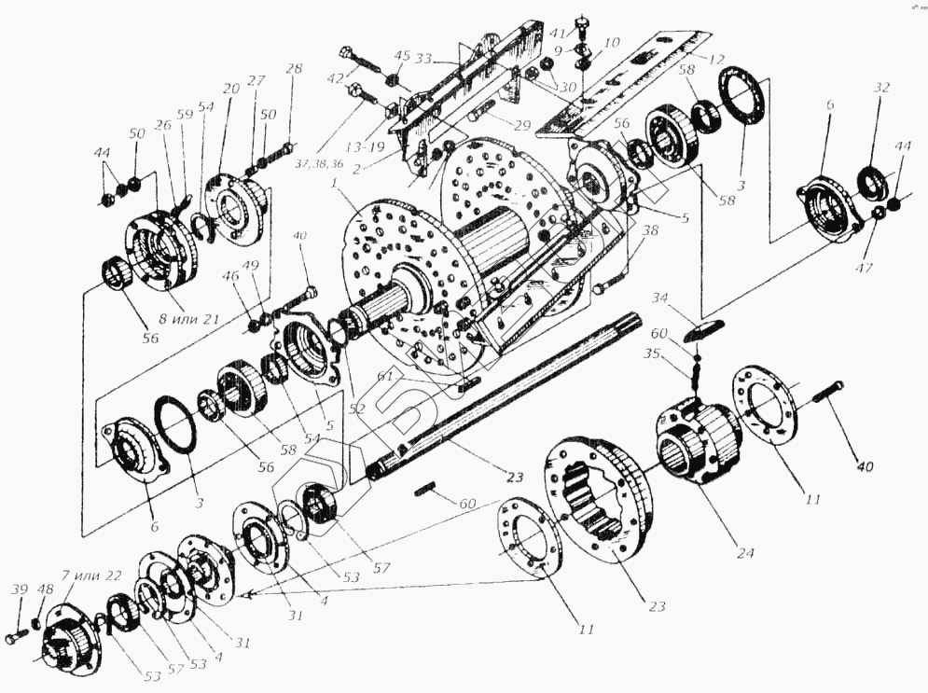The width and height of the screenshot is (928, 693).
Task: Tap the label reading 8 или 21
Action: [187, 319]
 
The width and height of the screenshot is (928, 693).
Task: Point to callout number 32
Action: [881, 87]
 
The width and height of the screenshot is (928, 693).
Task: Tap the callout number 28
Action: [294, 68]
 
